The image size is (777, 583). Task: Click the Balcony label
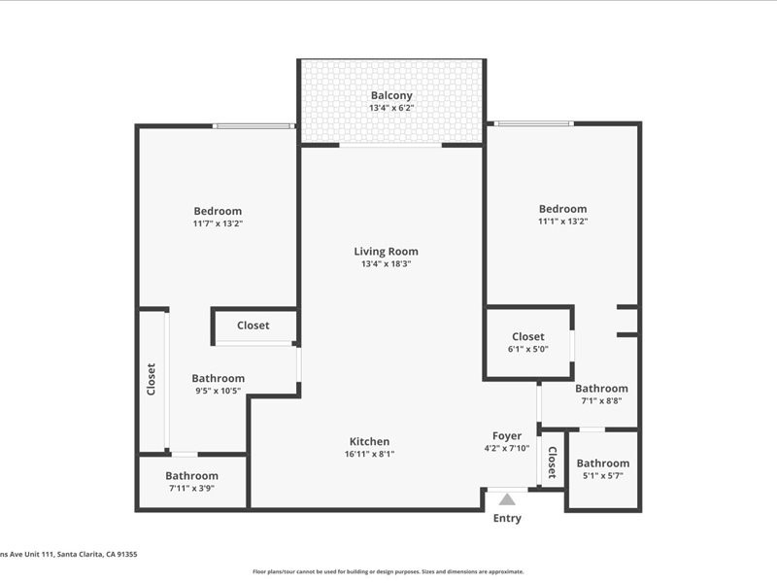click(391, 95)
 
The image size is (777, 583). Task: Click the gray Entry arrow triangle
click(507, 499)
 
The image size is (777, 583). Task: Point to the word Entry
click(507, 519)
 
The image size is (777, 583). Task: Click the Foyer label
click(507, 436)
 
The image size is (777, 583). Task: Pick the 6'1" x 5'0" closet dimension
click(528, 349)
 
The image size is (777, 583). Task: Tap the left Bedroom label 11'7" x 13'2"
click(218, 211)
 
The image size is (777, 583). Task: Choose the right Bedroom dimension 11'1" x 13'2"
click(563, 222)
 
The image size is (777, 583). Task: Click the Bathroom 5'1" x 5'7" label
click(602, 463)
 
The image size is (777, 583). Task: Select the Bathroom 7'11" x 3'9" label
click(191, 476)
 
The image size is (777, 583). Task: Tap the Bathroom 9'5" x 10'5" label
click(218, 378)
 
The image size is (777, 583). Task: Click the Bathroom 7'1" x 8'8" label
click(602, 389)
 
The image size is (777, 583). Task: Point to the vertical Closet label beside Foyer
click(552, 463)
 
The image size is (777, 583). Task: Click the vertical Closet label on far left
click(151, 379)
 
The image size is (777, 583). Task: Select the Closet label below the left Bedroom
click(253, 326)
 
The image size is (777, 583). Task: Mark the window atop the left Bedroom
click(253, 126)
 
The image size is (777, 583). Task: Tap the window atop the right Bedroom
click(533, 123)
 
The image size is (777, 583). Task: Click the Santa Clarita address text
click(68, 554)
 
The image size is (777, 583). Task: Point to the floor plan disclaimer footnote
click(388, 572)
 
